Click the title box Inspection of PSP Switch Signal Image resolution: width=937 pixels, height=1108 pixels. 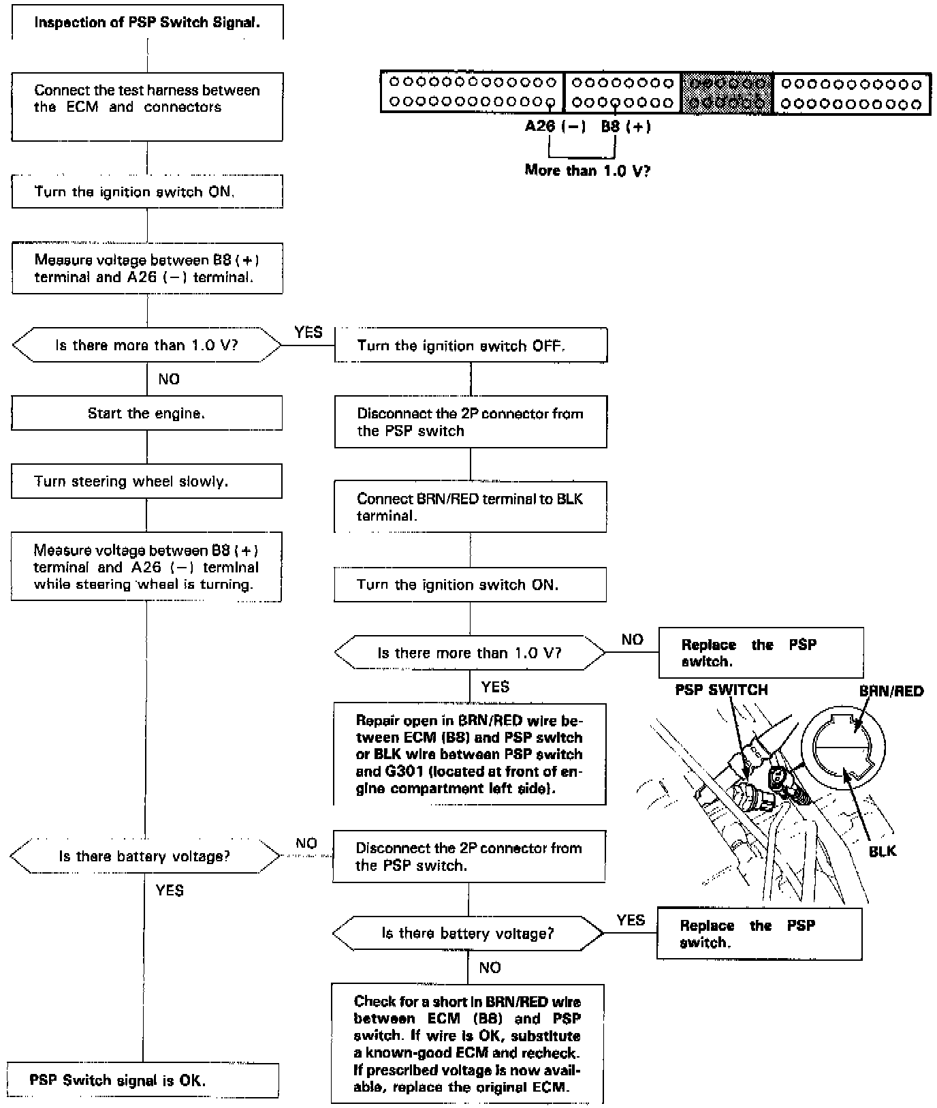tap(147, 22)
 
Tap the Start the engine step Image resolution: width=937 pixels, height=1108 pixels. tap(146, 413)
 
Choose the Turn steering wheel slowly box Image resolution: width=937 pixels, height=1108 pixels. tap(146, 481)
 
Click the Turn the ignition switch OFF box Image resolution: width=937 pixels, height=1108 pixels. tap(471, 345)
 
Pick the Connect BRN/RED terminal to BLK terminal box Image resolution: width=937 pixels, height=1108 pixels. tap(470, 507)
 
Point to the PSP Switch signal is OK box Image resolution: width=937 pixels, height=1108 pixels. tap(143, 1080)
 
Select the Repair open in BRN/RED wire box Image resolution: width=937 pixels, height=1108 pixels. tap(469, 754)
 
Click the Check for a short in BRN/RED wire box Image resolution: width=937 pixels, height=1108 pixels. tap(467, 1043)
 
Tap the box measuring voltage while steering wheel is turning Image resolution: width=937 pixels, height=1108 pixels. tap(146, 567)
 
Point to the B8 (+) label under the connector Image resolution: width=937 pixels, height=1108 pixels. tap(625, 127)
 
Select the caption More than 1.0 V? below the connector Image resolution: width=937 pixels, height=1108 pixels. tap(587, 170)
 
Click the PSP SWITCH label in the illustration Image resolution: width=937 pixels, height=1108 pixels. tap(721, 690)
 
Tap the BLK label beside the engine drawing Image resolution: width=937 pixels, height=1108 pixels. tap(882, 851)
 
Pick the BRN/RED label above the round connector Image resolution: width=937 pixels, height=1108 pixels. tap(891, 692)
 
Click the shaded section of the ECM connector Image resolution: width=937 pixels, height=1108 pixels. tap(727, 93)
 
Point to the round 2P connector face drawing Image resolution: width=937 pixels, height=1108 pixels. tap(843, 748)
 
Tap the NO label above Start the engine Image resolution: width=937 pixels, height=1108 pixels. tap(169, 379)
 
